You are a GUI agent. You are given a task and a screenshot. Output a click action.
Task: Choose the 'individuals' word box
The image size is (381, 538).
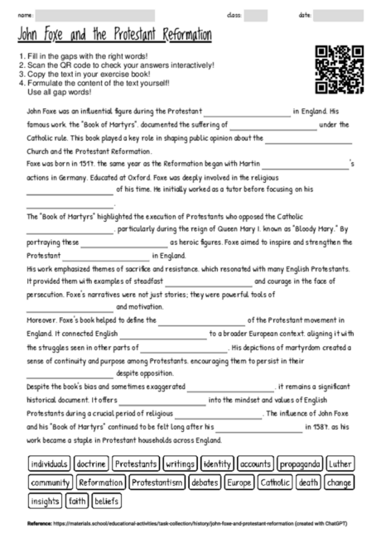[49, 464]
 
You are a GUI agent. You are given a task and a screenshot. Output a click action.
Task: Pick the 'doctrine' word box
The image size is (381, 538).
[91, 464]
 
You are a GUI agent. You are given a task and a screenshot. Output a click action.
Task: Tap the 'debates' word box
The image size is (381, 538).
[205, 483]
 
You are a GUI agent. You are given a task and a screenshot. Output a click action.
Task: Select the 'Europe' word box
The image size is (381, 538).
[239, 483]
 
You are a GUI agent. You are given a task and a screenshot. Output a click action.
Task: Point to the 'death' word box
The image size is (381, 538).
[308, 483]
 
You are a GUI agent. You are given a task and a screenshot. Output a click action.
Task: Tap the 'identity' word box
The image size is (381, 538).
[217, 464]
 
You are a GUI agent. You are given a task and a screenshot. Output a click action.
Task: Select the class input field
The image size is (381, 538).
[255, 15]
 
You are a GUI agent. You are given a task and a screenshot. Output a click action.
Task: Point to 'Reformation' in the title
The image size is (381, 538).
[181, 36]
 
